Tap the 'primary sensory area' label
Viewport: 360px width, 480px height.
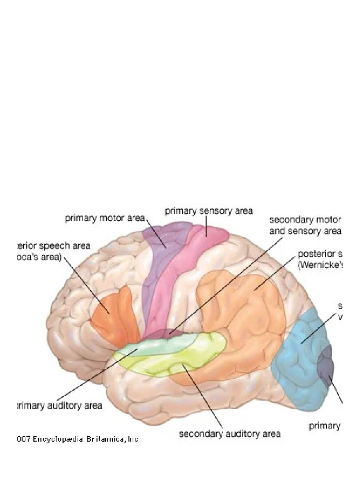pyautogui.click(x=209, y=211)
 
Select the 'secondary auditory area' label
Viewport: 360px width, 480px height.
pyautogui.click(x=230, y=434)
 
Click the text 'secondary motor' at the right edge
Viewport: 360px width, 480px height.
pyautogui.click(x=305, y=220)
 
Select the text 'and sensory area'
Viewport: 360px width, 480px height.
pyautogui.click(x=305, y=231)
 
